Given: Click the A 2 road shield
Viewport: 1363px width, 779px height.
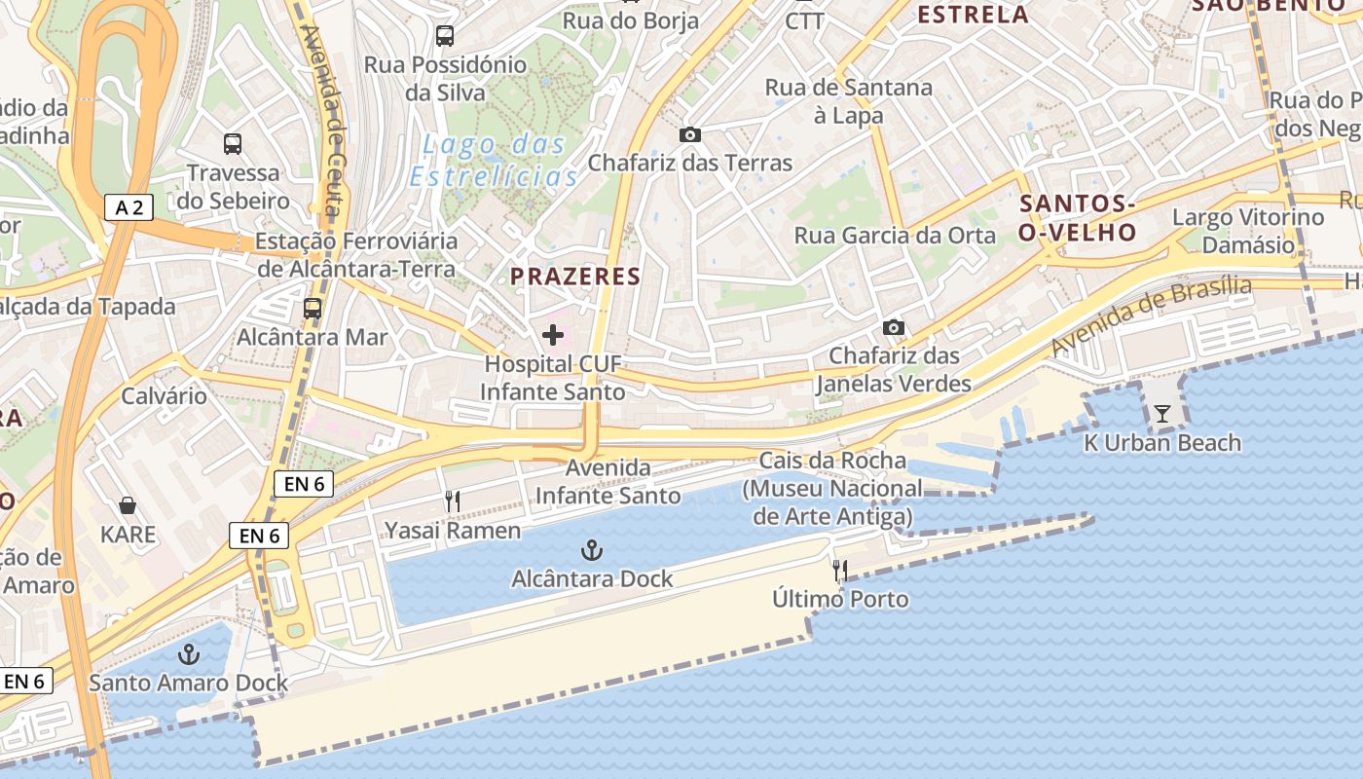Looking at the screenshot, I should (129, 206).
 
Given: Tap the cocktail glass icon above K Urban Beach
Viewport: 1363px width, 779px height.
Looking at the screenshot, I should (1162, 414).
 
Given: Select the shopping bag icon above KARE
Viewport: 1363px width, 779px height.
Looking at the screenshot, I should (128, 505).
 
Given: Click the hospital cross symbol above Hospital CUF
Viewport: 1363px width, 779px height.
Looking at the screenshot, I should (553, 336).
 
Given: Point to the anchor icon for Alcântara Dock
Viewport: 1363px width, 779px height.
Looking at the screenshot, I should (591, 551).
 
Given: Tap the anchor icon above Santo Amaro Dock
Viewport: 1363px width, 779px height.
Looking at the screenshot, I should (189, 653).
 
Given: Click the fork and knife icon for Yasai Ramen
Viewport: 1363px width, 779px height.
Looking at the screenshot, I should (453, 501).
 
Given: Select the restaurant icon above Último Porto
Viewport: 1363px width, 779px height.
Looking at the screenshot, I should (840, 570).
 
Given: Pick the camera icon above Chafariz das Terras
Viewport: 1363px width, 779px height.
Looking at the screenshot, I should (690, 134).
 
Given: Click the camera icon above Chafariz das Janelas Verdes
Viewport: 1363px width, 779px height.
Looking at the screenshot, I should (894, 327).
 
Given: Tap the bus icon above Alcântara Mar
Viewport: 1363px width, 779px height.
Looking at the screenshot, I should (313, 309).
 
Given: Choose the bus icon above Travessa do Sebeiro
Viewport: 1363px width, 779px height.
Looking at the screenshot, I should (233, 144).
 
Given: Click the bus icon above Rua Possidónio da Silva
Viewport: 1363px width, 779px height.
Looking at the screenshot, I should (445, 36).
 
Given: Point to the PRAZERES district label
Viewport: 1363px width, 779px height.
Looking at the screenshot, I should (575, 277).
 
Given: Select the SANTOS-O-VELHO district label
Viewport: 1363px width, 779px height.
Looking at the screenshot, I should (1078, 218).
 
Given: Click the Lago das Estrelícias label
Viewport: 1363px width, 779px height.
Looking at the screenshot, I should (495, 161).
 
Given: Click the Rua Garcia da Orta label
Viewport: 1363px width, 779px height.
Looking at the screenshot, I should (895, 236).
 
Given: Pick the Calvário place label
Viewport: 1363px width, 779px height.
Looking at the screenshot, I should (164, 396).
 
